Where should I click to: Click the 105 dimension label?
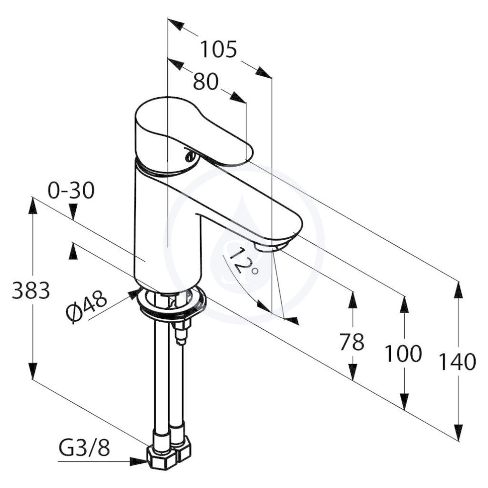(x=218, y=50)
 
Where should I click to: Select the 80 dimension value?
(x=206, y=82)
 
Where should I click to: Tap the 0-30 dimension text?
(x=71, y=191)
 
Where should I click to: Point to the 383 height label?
(x=31, y=290)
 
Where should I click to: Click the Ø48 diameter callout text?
(x=86, y=306)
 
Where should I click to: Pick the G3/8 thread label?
(x=84, y=448)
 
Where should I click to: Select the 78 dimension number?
(x=351, y=341)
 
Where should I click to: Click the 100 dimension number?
(x=403, y=353)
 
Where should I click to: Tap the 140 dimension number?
(x=457, y=362)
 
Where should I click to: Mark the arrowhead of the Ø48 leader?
(x=133, y=294)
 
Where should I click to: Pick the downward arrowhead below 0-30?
(x=73, y=212)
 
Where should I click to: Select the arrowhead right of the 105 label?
(x=263, y=72)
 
